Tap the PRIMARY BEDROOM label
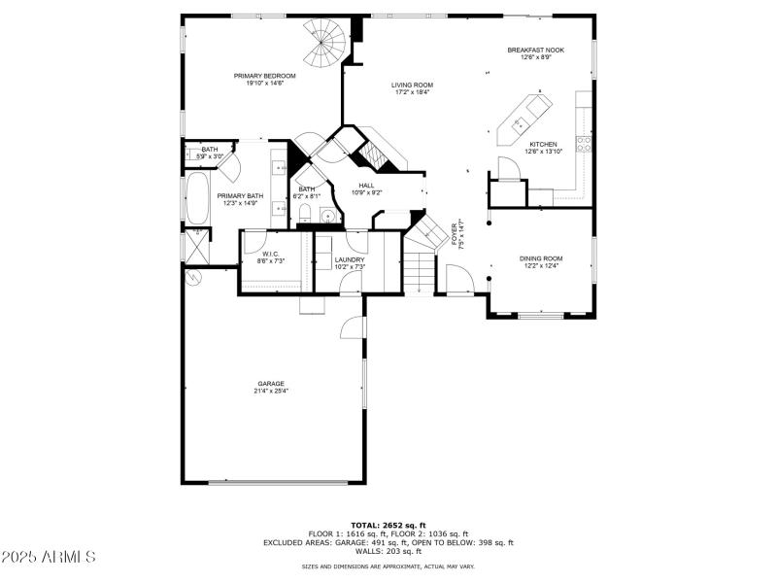264,75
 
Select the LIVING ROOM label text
413,85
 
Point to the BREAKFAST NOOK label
535,50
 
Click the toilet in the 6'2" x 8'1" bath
304,213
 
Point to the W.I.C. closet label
270,256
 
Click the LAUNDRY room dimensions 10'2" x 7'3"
350,267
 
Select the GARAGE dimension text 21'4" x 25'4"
271,391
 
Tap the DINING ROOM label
541,258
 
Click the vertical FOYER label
455,236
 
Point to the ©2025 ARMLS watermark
49,557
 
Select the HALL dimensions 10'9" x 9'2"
366,192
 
